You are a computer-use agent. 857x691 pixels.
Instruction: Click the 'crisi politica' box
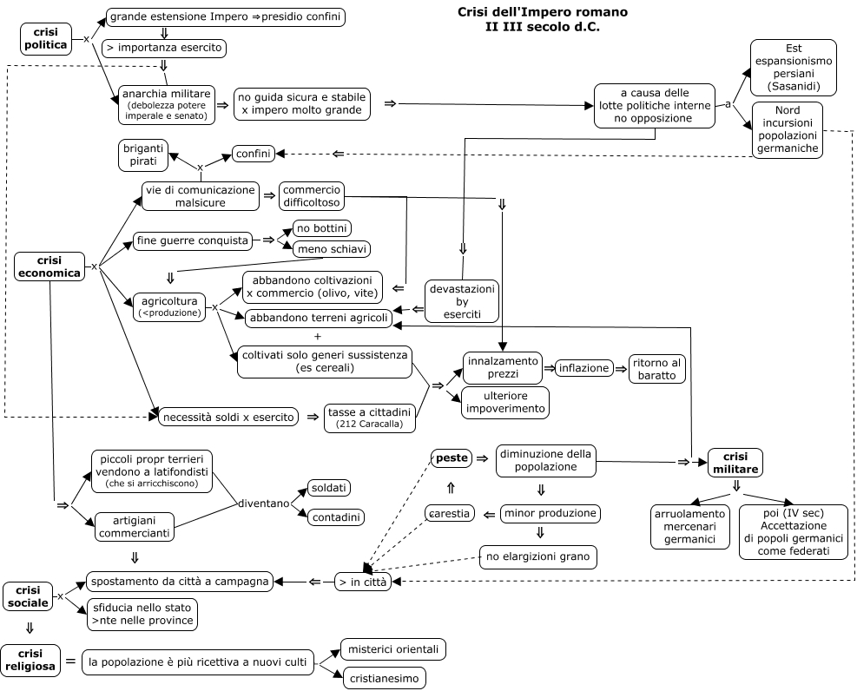click(x=45, y=38)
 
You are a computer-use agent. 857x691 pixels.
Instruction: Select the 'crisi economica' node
click(x=49, y=267)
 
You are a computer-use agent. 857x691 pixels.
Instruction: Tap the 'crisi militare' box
click(x=735, y=462)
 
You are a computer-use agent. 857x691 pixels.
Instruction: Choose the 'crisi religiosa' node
click(x=30, y=661)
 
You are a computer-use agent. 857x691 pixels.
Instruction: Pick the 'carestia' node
click(x=450, y=513)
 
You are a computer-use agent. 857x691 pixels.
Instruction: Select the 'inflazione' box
click(x=583, y=368)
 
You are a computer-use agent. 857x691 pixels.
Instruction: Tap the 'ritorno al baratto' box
click(x=657, y=368)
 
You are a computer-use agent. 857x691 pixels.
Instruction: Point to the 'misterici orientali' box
click(x=393, y=648)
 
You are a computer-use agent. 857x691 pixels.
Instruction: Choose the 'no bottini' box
click(x=322, y=228)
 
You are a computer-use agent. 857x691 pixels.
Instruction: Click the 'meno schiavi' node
click(x=333, y=249)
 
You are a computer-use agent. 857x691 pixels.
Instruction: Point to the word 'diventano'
click(x=263, y=503)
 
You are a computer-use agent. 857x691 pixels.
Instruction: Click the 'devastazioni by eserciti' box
click(x=462, y=300)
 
